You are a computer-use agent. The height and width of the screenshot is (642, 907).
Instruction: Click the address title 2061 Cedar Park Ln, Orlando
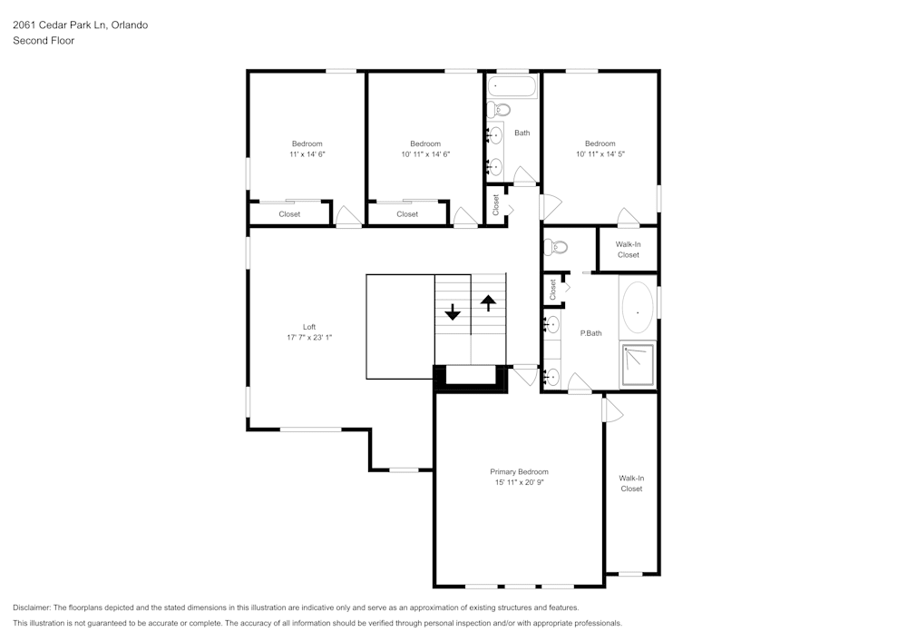coord(80,25)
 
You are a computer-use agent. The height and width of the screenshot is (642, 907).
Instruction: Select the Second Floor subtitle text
coord(44,41)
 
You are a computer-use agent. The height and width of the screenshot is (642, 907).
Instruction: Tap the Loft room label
coord(309,327)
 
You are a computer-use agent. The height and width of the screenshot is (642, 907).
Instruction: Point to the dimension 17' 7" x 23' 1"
coord(309,337)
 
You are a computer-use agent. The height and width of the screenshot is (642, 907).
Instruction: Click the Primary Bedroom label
coord(519,471)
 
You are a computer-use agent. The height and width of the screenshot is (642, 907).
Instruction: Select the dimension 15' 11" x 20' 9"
coord(519,482)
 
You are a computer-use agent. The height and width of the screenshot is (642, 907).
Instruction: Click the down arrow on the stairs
coord(453,312)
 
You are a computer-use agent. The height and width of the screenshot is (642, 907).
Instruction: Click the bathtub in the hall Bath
coord(512,86)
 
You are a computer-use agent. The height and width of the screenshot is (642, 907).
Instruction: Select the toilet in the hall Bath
coord(498,110)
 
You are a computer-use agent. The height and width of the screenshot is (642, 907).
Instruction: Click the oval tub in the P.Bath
coord(639,311)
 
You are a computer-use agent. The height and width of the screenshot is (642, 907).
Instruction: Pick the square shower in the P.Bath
coord(639,364)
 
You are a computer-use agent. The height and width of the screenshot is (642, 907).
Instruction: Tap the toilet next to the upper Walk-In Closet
coord(557,246)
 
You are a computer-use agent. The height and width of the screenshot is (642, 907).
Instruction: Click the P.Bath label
coord(590,333)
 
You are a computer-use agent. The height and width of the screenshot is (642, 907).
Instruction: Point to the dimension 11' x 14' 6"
coord(307,154)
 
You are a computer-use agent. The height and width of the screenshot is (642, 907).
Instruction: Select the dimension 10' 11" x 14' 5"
coord(600,154)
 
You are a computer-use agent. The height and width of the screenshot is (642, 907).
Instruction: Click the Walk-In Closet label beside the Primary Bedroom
coord(631,483)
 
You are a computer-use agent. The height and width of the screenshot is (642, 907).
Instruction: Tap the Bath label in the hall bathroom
coord(522,133)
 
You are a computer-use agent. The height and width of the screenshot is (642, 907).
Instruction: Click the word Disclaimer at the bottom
coord(32,607)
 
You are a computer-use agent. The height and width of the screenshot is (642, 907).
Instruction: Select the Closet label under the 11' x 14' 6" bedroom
coord(289,214)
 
